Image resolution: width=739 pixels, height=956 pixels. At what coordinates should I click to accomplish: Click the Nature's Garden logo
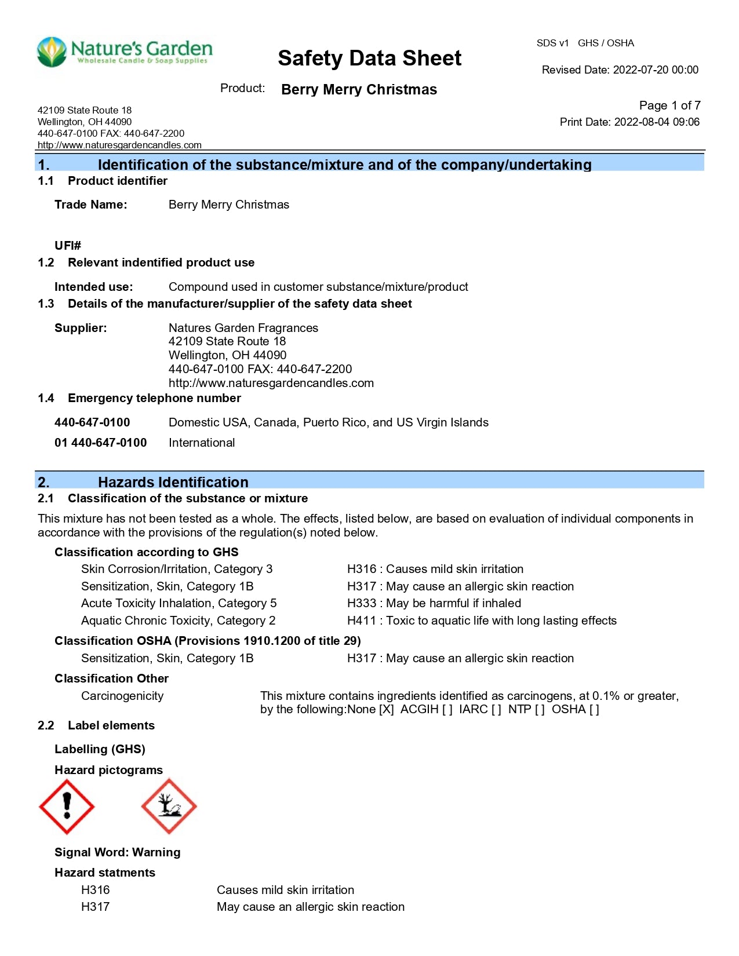pyautogui.click(x=124, y=52)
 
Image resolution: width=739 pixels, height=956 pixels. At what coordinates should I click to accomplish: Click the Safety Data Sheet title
pyautogui.click(x=369, y=59)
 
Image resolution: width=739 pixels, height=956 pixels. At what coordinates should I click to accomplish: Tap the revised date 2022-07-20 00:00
pyautogui.click(x=656, y=70)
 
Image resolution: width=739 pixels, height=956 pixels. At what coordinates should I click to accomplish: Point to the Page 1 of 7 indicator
pyautogui.click(x=669, y=105)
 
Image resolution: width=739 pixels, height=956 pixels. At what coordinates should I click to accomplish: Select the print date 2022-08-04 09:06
pyautogui.click(x=656, y=122)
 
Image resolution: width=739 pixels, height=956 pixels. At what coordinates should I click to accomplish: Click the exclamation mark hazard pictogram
pyautogui.click(x=67, y=806)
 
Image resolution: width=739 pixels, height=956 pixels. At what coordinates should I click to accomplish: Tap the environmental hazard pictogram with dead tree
pyautogui.click(x=169, y=806)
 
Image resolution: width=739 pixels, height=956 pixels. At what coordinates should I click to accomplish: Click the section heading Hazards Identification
pyautogui.click(x=173, y=482)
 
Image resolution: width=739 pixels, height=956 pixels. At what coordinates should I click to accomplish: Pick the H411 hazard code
pyautogui.click(x=361, y=621)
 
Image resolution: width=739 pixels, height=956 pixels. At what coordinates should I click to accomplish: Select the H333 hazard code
pyautogui.click(x=361, y=603)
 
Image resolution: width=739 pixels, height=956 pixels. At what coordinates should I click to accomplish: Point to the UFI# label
pyautogui.click(x=68, y=246)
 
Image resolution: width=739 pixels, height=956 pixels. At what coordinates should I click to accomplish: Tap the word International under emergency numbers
pyautogui.click(x=202, y=443)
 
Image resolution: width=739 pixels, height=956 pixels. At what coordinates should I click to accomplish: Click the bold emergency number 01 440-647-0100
pyautogui.click(x=100, y=443)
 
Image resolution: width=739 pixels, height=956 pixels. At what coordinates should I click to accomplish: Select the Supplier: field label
pyautogui.click(x=81, y=328)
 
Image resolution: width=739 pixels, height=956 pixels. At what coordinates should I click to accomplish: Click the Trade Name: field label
pyautogui.click(x=90, y=205)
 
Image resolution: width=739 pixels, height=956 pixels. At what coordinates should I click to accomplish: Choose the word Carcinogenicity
pyautogui.click(x=122, y=696)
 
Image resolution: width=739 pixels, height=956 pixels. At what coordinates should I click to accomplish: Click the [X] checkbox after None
pyautogui.click(x=386, y=709)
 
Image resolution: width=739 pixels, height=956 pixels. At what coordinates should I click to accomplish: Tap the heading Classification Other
pyautogui.click(x=111, y=678)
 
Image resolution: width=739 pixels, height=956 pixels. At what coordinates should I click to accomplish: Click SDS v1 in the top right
pyautogui.click(x=552, y=43)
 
